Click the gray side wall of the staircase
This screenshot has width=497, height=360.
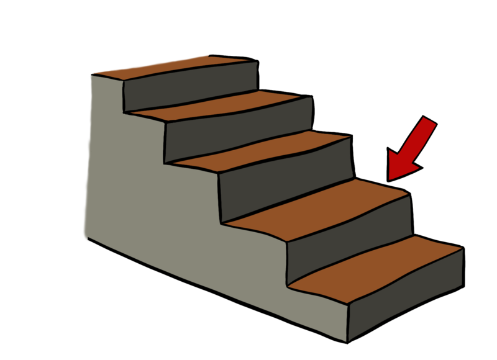coord(162,199)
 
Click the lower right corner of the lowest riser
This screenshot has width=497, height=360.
coord(463,286)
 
